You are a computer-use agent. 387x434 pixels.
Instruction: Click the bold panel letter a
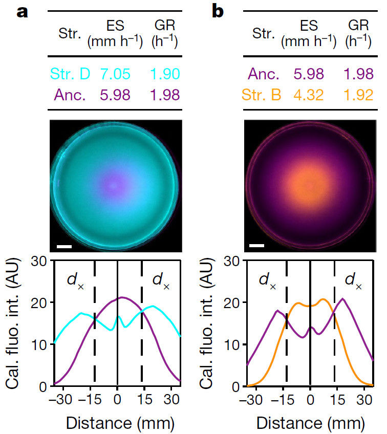23,12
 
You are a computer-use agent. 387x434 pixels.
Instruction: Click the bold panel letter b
217,11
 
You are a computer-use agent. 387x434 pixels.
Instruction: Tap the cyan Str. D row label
70,74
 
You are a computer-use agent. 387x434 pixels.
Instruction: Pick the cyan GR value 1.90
165,74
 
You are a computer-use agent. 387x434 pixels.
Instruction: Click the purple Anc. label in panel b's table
263,74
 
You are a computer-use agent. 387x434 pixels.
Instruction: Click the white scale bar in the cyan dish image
64,247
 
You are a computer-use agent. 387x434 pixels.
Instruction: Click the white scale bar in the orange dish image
257,247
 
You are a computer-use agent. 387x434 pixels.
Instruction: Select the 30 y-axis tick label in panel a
40,261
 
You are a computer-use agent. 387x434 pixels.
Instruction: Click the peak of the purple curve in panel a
121,297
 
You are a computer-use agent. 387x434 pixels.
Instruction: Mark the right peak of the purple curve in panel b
342,299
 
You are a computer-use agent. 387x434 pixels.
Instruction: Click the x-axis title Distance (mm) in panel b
311,423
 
